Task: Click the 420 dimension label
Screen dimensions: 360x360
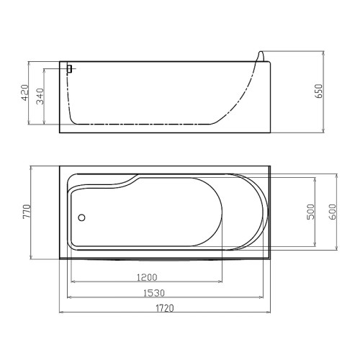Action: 25,93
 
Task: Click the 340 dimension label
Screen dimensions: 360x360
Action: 40,96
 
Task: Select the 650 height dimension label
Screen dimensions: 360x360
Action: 319,91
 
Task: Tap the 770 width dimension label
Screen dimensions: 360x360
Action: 27,212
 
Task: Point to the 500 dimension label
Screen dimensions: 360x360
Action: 311,212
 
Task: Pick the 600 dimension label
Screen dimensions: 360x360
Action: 333,212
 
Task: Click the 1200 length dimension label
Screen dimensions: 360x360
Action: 147,277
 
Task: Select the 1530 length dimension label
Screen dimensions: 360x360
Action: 154,293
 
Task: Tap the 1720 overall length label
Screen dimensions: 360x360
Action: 165,308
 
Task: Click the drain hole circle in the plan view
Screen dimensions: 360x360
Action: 82,217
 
